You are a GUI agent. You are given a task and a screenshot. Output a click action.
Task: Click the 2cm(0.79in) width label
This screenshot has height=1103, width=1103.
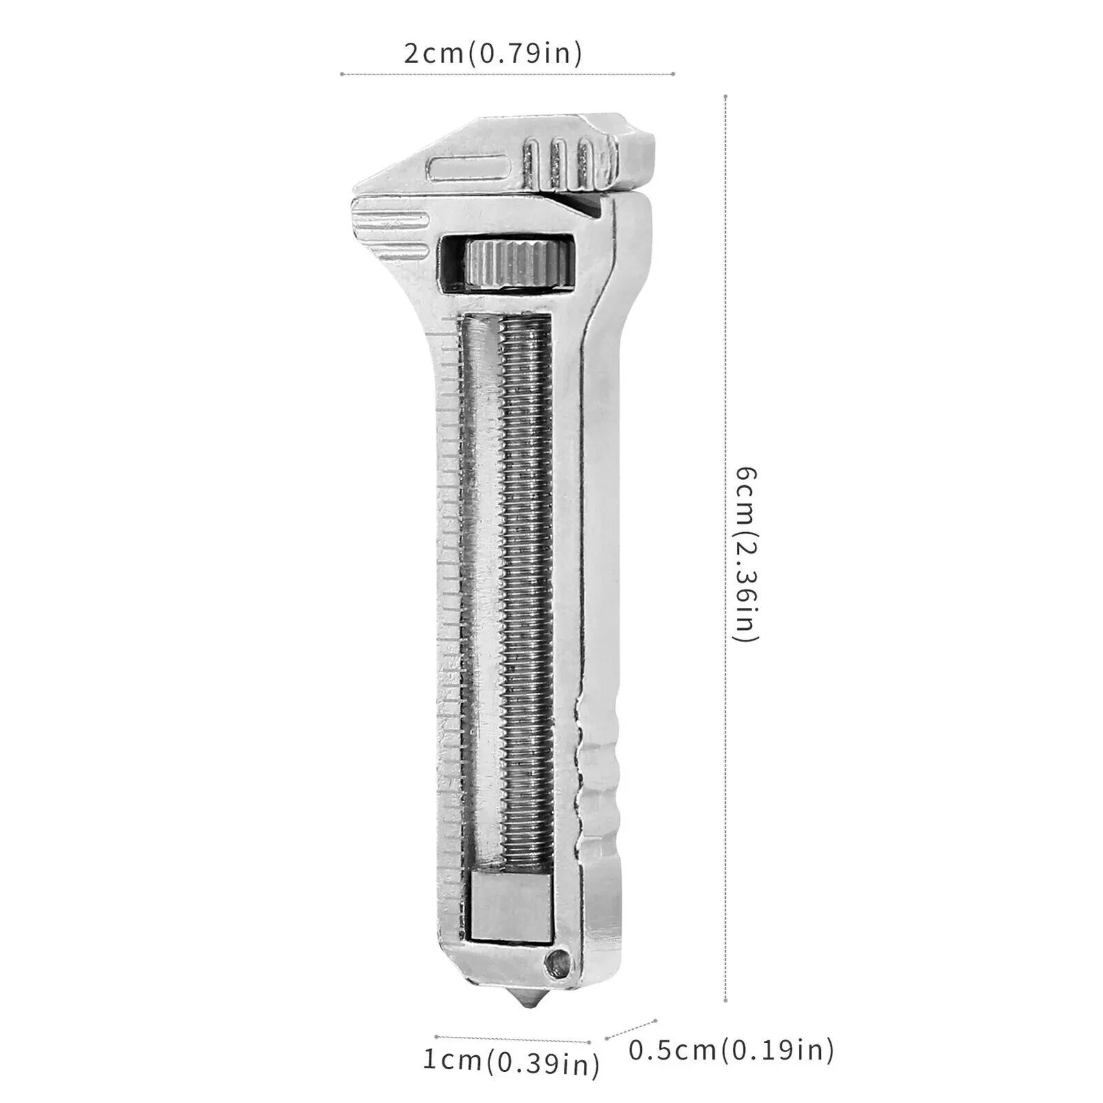[493, 53]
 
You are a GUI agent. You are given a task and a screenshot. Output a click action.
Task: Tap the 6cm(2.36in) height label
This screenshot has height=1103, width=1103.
[747, 554]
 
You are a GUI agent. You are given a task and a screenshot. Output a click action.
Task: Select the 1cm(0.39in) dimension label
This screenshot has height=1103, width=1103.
[511, 1062]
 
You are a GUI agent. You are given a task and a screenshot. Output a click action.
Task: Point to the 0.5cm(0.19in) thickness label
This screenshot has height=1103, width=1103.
[731, 1050]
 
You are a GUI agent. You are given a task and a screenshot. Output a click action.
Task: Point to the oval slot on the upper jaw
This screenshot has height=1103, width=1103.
[468, 169]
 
